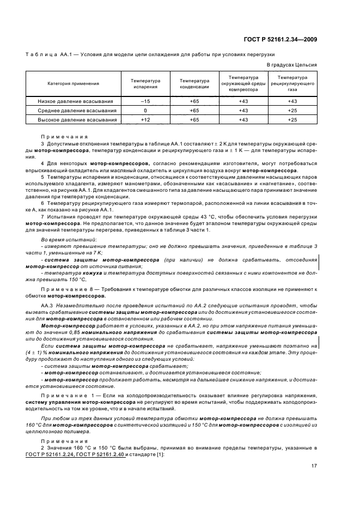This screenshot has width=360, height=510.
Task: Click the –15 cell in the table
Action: tap(145, 101)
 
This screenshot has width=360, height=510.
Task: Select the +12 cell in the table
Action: tap(145, 119)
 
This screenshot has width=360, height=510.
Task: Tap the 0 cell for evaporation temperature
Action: tap(145, 111)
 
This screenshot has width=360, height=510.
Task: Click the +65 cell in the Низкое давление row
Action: tap(194, 101)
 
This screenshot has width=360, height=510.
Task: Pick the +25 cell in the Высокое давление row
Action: tap(292, 119)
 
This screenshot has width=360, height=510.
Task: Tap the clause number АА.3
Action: tap(47, 307)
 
